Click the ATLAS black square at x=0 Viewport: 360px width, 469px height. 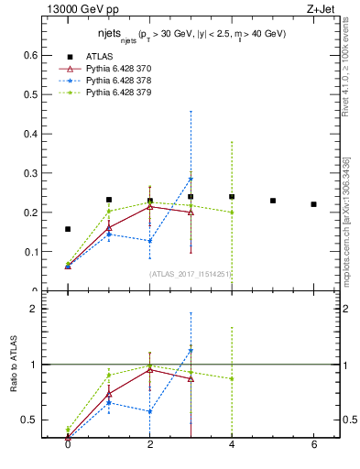(68, 229)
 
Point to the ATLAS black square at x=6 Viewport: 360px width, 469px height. (313, 204)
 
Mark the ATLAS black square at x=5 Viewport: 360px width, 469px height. (273, 201)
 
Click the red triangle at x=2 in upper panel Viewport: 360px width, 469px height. (150, 206)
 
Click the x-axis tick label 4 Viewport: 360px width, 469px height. (232, 445)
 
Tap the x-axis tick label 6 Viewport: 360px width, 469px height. (313, 445)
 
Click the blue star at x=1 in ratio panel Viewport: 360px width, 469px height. (109, 402)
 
